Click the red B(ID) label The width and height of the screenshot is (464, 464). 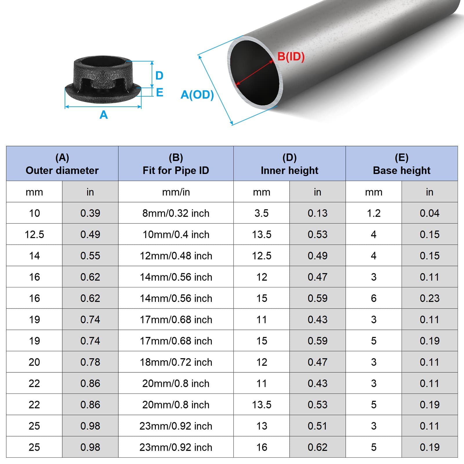(291, 57)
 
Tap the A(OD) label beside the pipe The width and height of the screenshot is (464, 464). (197, 95)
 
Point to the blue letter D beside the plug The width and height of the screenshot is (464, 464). (159, 76)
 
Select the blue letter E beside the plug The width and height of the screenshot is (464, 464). (159, 93)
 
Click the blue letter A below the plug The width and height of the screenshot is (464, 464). (104, 115)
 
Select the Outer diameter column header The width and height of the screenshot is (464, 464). (62, 164)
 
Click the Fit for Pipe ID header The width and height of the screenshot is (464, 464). (176, 164)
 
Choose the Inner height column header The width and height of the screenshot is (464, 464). (289, 164)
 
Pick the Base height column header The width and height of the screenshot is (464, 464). (401, 164)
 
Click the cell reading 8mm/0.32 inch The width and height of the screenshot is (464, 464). (176, 213)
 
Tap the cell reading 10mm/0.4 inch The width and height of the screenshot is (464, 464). (176, 234)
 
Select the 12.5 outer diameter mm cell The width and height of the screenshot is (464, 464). (34, 234)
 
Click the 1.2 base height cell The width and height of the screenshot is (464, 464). (374, 213)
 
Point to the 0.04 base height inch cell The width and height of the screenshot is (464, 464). (429, 213)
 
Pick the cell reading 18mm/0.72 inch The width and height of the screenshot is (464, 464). (176, 362)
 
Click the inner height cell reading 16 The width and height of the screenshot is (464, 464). (262, 447)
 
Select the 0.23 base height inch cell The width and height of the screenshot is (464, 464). (429, 298)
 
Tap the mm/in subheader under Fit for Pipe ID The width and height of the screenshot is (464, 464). (176, 192)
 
